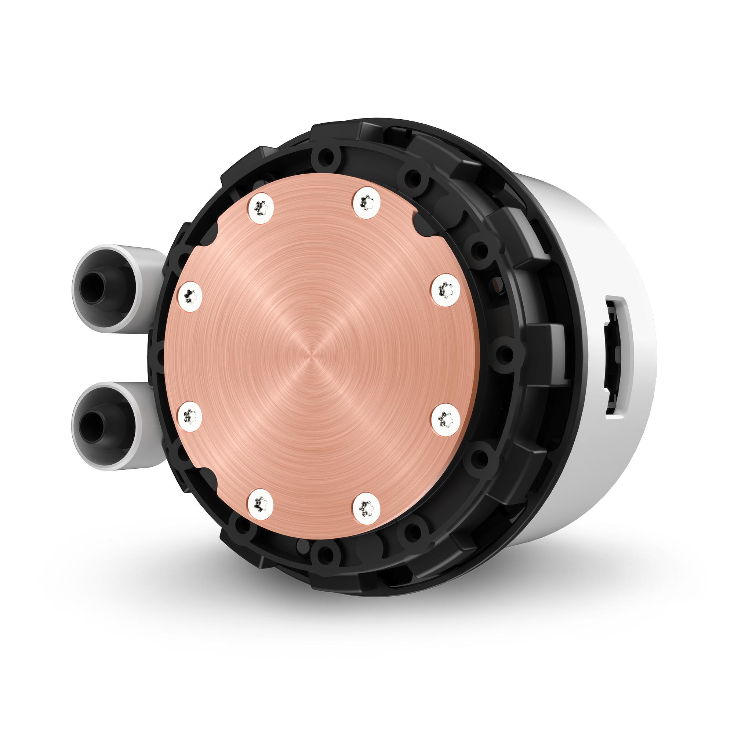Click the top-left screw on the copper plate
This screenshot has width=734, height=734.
point(260,207)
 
